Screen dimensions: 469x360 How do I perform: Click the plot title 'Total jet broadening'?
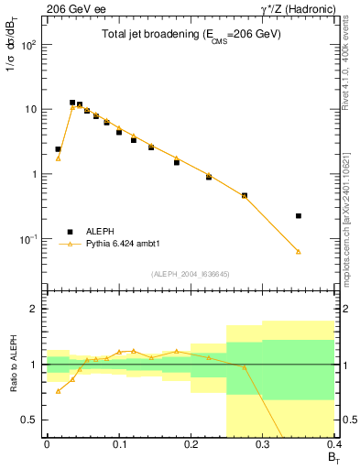coord(191,35)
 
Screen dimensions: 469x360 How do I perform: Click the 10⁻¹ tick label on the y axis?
coord(28,239)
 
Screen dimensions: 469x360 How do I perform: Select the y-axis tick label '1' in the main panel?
coord(35,174)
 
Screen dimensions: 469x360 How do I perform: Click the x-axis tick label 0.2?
coord(191,442)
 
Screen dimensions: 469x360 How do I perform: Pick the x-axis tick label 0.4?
coord(334,442)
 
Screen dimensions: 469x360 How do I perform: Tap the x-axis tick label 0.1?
coord(118,442)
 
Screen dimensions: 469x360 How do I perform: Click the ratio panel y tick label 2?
coord(35,309)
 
